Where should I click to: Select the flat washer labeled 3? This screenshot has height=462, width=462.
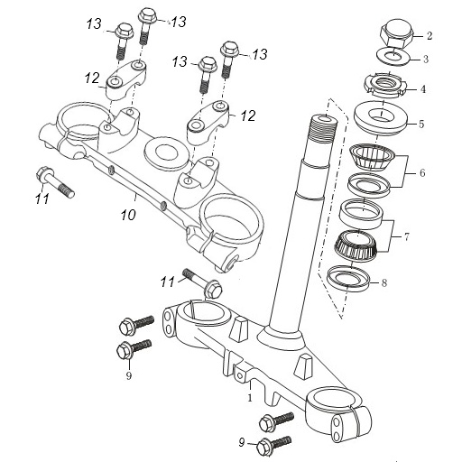click(393, 55)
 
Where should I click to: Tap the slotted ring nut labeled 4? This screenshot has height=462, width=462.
click(385, 85)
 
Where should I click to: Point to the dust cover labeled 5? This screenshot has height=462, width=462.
click(381, 116)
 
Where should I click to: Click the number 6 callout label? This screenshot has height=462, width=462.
click(422, 173)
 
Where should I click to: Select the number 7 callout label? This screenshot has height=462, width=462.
click(407, 237)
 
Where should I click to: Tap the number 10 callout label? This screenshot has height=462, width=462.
click(128, 215)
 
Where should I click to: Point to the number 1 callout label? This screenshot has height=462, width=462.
click(250, 398)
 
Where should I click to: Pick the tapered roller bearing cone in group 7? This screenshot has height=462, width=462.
click(356, 245)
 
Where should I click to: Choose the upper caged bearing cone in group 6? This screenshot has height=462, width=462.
click(372, 157)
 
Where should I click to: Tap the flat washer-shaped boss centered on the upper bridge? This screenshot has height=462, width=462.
click(164, 152)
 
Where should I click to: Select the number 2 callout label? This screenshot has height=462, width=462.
click(430, 35)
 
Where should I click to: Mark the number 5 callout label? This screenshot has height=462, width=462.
click(421, 124)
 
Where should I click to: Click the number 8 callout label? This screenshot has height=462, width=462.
click(384, 283)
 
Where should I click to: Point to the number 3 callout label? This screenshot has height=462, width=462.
click(426, 59)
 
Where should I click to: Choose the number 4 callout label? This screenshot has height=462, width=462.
click(423, 89)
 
